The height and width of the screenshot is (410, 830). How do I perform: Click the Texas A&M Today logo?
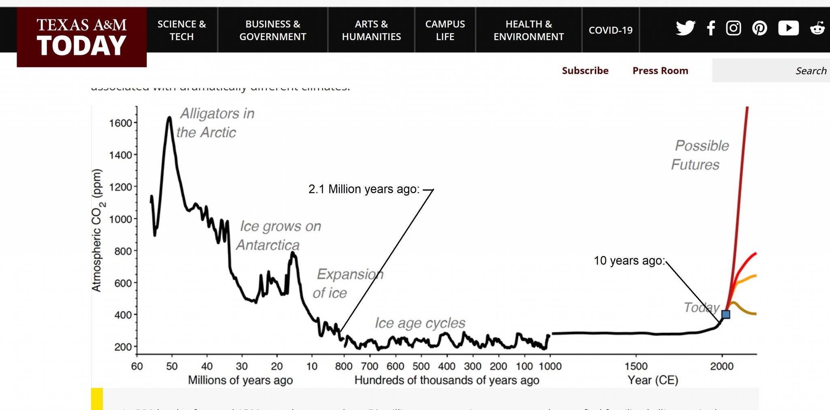81,37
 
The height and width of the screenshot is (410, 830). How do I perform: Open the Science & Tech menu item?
182,30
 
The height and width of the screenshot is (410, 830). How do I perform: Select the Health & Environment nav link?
528,30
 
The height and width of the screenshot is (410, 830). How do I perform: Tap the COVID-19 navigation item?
610,30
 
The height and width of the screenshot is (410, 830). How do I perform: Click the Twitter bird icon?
685,28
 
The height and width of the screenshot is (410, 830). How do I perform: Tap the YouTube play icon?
788,28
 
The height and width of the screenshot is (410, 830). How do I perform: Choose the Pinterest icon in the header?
759,28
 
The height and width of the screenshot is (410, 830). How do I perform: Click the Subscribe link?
585,70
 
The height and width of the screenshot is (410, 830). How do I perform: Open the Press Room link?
660,70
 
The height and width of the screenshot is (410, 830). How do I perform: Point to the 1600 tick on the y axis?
121,123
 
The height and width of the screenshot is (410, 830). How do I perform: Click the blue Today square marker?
726,314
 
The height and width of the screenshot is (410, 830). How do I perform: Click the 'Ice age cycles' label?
420,323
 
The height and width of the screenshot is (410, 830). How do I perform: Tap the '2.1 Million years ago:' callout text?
364,189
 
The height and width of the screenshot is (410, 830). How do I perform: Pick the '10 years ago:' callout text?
629,261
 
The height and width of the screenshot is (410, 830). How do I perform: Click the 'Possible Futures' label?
700,155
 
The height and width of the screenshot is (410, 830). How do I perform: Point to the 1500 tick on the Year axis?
636,366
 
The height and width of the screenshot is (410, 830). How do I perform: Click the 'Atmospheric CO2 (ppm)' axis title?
97,230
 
